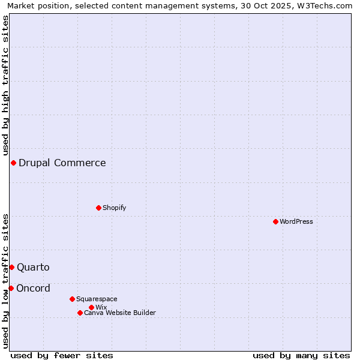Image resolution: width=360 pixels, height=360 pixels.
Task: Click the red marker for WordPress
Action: click(275, 221)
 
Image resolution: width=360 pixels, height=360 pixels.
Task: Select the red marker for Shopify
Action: click(98, 208)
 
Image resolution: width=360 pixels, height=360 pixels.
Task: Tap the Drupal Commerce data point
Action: click(13, 163)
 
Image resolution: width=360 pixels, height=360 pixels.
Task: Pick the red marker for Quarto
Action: click(11, 267)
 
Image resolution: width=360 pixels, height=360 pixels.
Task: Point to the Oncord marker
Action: click(11, 288)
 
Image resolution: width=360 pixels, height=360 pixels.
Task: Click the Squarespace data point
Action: click(72, 299)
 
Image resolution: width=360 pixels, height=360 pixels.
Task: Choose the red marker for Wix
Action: click(91, 307)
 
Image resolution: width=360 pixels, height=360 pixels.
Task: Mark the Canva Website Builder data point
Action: click(80, 313)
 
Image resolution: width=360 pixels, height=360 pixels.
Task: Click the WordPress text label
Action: click(296, 221)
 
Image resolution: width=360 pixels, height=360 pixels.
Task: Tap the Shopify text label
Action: click(115, 208)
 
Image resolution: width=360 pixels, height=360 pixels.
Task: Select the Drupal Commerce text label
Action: click(62, 163)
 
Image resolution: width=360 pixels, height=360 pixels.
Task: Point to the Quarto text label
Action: click(33, 267)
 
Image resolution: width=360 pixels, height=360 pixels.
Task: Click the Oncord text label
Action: click(33, 288)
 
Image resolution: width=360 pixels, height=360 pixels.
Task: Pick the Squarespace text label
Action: click(97, 299)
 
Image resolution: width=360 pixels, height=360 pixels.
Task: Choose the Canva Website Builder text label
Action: click(120, 313)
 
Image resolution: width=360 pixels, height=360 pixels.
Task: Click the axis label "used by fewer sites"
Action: click(62, 355)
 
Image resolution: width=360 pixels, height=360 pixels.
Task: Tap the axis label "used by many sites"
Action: click(301, 355)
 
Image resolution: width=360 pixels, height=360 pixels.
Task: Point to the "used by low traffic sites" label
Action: click(5, 280)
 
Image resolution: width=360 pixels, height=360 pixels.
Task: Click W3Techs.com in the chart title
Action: click(323, 5)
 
